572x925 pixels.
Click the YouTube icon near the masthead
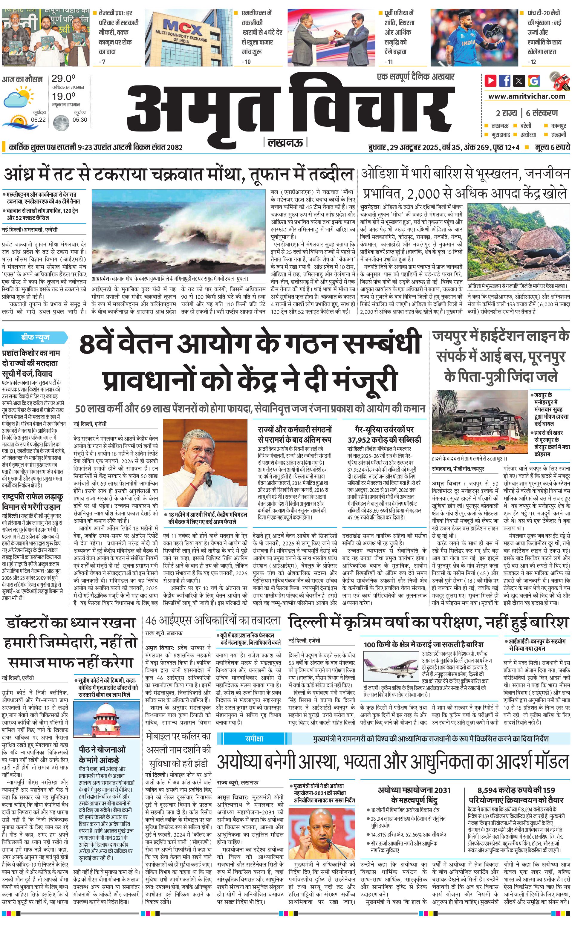point(491,81)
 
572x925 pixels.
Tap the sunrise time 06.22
point(38,120)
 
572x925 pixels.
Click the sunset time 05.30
point(80,120)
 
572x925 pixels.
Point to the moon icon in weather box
point(61,123)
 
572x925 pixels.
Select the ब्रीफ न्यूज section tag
point(35,337)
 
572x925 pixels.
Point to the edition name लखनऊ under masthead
point(285,143)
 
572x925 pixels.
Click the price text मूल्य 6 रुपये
point(552,147)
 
